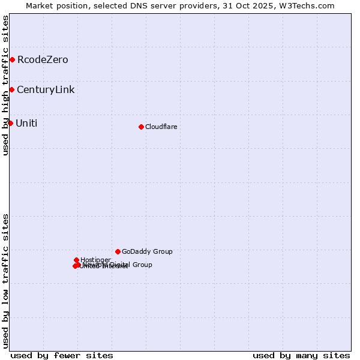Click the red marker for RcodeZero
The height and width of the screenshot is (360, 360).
pos(12,59)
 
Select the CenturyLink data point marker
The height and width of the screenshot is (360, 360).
pos(11,89)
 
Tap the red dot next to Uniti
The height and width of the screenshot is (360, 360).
pos(10,123)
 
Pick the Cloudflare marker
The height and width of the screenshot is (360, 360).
pos(141,127)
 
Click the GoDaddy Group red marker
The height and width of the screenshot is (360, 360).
pos(118,251)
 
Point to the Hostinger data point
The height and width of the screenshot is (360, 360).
pos(76,260)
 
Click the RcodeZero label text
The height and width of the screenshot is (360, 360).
pos(43,59)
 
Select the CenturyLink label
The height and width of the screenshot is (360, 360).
pos(46,89)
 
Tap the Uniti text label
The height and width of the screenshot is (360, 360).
pos(26,123)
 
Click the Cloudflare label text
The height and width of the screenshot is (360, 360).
pos(161,127)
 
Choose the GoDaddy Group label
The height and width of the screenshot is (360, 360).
pos(147,251)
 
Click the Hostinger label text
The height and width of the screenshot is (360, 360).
pos(95,260)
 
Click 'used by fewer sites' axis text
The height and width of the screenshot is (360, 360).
pos(62,355)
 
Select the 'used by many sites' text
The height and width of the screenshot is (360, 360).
pos(301,355)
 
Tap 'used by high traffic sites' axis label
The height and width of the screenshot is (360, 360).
pos(5,85)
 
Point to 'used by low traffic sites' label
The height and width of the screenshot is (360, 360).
pos(5,281)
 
